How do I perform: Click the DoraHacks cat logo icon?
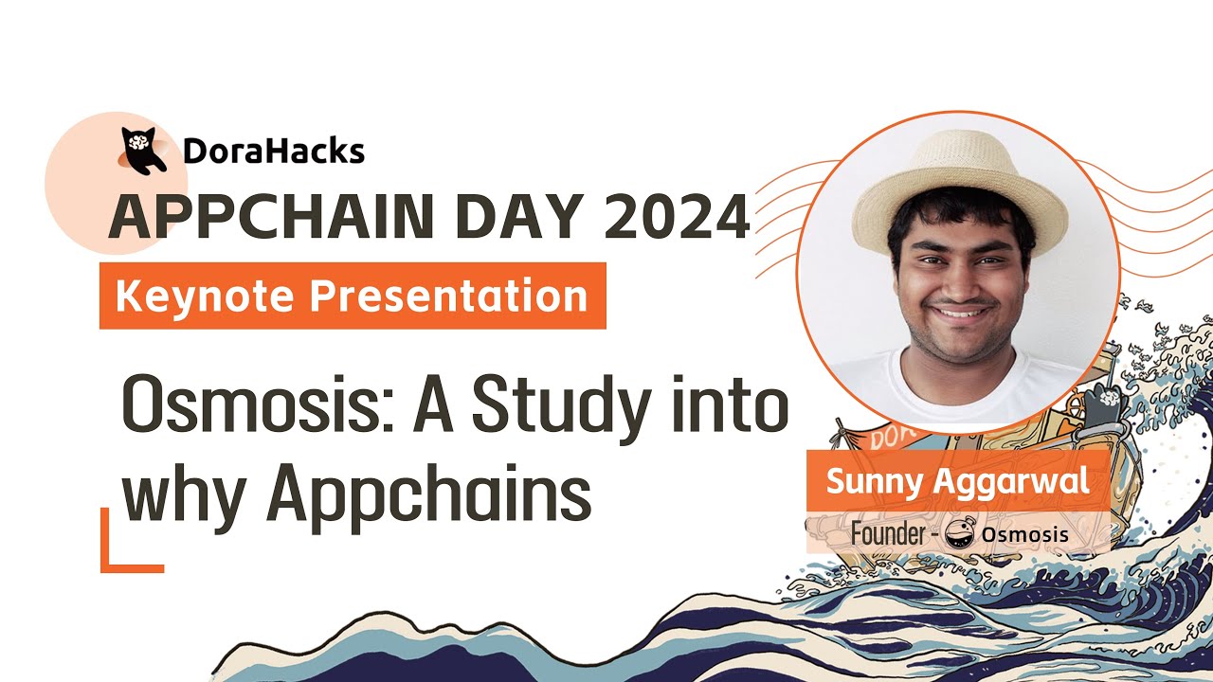[x=143, y=150]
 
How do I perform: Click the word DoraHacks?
[x=274, y=152]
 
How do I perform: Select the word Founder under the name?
[x=887, y=534]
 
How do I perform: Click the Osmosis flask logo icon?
[x=960, y=534]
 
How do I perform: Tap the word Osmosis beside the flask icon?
[x=1025, y=535]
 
